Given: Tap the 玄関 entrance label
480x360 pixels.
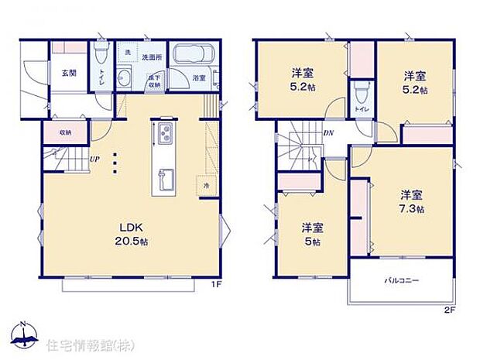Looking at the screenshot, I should (x=69, y=73).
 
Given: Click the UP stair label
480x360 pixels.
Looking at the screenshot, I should (x=94, y=160).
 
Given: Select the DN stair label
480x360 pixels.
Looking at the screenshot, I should (x=327, y=132).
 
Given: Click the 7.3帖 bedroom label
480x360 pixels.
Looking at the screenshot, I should (x=411, y=201).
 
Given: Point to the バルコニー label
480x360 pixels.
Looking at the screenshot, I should (x=401, y=281).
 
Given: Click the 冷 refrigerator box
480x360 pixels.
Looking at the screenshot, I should (x=205, y=186).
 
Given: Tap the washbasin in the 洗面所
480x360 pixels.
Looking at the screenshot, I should (x=124, y=77).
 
